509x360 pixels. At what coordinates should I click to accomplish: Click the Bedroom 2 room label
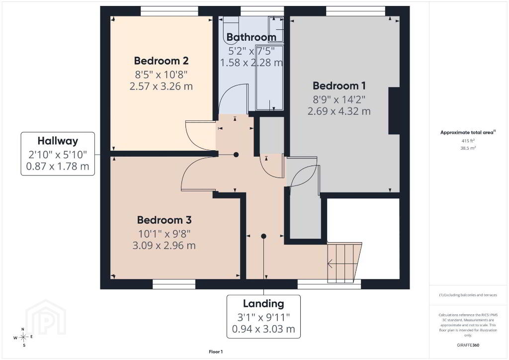pyautogui.click(x=161, y=61)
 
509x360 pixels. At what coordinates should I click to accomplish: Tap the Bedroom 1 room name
pyautogui.click(x=339, y=86)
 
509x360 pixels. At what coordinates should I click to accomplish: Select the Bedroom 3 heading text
pyautogui.click(x=164, y=220)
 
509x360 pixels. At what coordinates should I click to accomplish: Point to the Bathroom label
pyautogui.click(x=251, y=37)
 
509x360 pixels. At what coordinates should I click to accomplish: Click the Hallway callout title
pyautogui.click(x=58, y=141)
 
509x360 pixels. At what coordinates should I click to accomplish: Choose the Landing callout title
pyautogui.click(x=263, y=303)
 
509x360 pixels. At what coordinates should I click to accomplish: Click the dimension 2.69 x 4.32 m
pyautogui.click(x=339, y=111)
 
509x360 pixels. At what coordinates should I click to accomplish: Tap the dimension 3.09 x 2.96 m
pyautogui.click(x=164, y=246)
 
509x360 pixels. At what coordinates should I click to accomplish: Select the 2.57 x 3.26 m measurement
pyautogui.click(x=161, y=87)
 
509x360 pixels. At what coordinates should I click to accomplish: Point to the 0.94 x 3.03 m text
pyautogui.click(x=263, y=329)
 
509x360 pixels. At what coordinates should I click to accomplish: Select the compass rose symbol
pyautogui.click(x=23, y=337)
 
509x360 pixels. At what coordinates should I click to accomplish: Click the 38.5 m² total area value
pyautogui.click(x=468, y=148)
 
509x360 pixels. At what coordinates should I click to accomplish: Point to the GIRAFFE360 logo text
pyautogui.click(x=468, y=345)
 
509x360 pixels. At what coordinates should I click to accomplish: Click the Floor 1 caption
pyautogui.click(x=216, y=352)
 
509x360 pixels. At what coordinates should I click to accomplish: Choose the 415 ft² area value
pyautogui.click(x=468, y=141)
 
